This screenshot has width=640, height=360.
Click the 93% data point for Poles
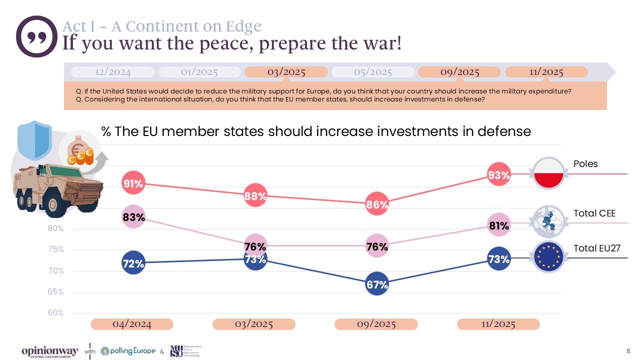coord(498,174)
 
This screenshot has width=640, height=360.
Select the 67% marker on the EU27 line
coord(377,284)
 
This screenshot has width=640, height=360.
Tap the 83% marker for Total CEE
coord(133,217)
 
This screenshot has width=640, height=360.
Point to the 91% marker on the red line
coord(133,184)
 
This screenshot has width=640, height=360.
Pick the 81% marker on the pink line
coord(498,225)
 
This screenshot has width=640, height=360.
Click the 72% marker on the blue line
coord(133,263)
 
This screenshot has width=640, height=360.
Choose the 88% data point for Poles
coord(255,196)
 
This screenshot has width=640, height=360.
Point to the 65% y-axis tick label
coord(55,292)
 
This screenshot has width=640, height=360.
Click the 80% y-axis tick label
coord(55,229)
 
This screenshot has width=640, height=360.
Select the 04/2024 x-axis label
coord(132,324)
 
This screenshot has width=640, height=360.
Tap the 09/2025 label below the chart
coord(376,324)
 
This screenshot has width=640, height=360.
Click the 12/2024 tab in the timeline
coord(112,72)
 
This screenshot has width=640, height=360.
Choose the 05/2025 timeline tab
coord(372,72)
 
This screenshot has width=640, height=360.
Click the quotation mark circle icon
coord(36,36)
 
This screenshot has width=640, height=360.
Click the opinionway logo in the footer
coord(49,351)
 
